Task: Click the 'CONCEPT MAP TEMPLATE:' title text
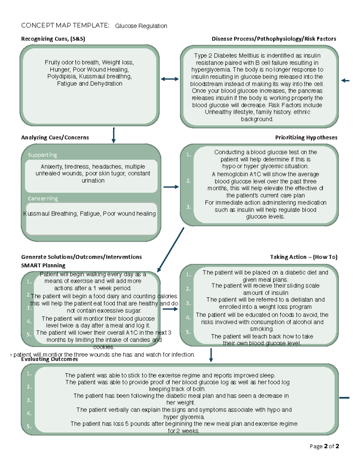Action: pos(65,26)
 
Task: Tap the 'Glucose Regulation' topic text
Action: pos(141,26)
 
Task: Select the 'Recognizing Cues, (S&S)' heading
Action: pos(53,39)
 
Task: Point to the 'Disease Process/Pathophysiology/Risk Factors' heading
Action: pos(274,39)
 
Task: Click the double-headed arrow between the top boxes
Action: pos(169,79)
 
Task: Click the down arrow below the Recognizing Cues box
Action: pos(113,135)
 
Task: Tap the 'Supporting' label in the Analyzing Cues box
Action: pos(42,155)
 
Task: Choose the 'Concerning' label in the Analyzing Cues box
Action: pos(43,198)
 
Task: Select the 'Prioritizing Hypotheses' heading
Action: pos(306,137)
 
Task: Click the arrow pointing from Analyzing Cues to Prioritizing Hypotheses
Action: pos(171,187)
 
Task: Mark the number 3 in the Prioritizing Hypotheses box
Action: pos(188,207)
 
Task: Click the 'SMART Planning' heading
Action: pos(43,265)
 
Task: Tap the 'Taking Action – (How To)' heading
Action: pos(304,257)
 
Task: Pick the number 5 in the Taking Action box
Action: pos(188,332)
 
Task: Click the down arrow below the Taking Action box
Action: pos(211,355)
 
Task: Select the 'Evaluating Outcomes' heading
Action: pos(49,359)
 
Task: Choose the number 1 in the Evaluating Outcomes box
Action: pos(29,374)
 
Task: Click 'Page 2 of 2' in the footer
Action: pos(324,446)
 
